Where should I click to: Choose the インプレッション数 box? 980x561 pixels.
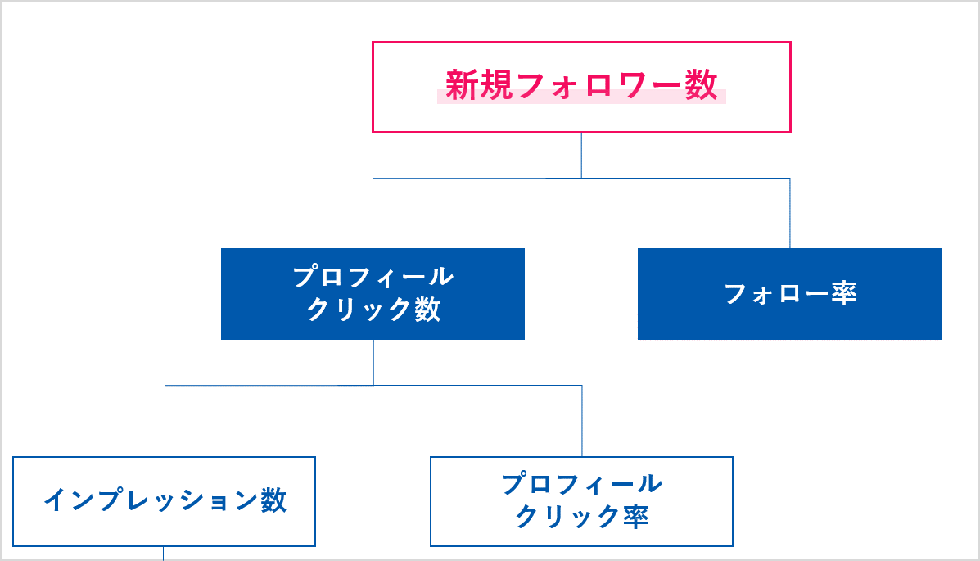click(164, 524)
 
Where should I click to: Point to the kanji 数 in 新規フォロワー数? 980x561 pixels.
click(702, 84)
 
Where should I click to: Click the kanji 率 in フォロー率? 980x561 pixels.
click(843, 293)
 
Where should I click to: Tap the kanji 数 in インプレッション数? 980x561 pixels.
click(273, 500)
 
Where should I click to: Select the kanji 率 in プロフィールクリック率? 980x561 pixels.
click(635, 517)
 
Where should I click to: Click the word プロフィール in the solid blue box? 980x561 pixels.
click(373, 277)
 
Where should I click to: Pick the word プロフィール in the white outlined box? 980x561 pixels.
click(581, 484)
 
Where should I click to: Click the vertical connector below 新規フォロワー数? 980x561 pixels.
click(581, 155)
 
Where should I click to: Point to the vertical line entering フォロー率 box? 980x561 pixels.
click(789, 213)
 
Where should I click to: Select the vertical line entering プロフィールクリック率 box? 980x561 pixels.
click(582, 421)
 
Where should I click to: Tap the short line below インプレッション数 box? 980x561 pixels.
click(164, 553)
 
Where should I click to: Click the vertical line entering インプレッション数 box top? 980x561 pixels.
click(165, 421)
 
